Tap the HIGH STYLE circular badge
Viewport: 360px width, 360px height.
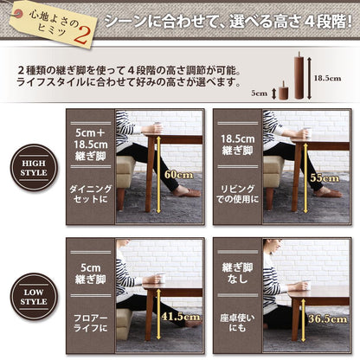pos(34,167)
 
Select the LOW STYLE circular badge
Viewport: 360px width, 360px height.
pos(34,297)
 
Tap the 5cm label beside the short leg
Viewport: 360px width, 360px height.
pos(260,92)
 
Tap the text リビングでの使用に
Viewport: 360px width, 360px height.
pos(236,194)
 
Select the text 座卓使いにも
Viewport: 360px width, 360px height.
pos(236,322)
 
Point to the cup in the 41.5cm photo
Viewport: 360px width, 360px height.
pos(160,279)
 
